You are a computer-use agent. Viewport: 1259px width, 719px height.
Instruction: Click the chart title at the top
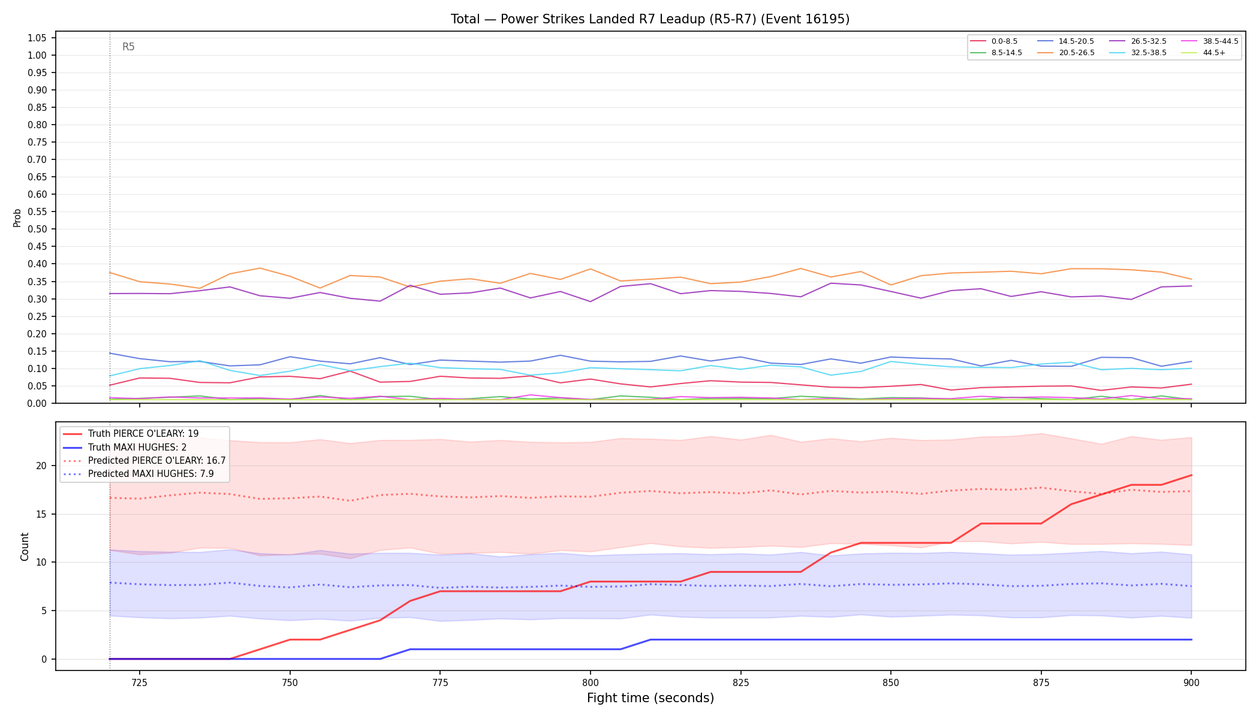click(x=650, y=19)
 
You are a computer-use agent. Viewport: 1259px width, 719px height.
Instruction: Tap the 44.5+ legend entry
click(x=1203, y=53)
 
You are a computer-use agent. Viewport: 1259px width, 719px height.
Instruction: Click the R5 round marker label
click(x=128, y=47)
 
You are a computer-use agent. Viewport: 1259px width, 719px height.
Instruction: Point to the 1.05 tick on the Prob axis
click(x=37, y=38)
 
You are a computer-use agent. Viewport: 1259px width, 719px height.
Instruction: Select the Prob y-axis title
click(x=17, y=217)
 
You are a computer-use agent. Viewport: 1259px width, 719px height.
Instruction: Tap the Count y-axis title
click(x=25, y=546)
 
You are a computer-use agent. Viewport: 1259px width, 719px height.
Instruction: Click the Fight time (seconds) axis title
click(x=650, y=698)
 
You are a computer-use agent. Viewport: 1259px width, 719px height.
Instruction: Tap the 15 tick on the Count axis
click(x=42, y=514)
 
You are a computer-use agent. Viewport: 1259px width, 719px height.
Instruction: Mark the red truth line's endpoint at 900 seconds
click(x=1191, y=475)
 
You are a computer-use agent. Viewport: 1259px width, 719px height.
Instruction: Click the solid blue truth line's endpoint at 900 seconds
click(x=1191, y=640)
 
